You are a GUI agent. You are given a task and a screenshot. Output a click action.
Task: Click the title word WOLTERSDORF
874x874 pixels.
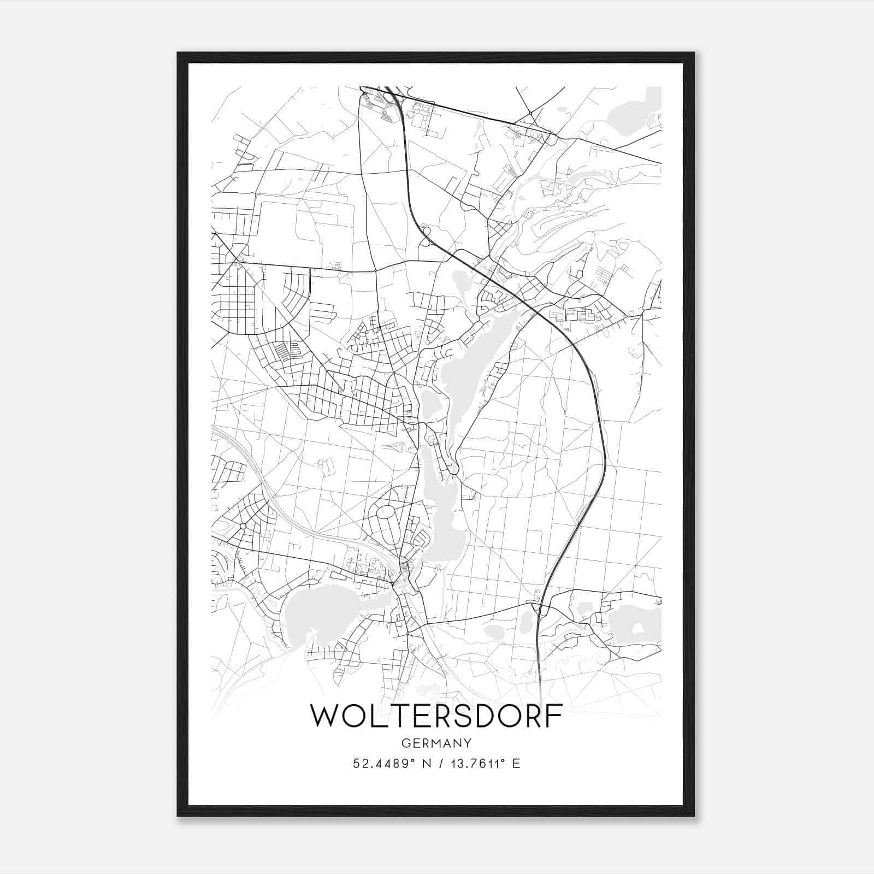[436, 716]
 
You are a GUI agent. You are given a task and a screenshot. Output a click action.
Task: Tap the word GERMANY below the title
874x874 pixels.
[436, 743]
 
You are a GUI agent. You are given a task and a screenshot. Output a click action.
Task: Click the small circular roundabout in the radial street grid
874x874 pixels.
[242, 526]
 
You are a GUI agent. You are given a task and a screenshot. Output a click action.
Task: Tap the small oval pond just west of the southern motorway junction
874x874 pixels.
[527, 620]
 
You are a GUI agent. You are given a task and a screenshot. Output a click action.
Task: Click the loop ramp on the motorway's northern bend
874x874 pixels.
[426, 231]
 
